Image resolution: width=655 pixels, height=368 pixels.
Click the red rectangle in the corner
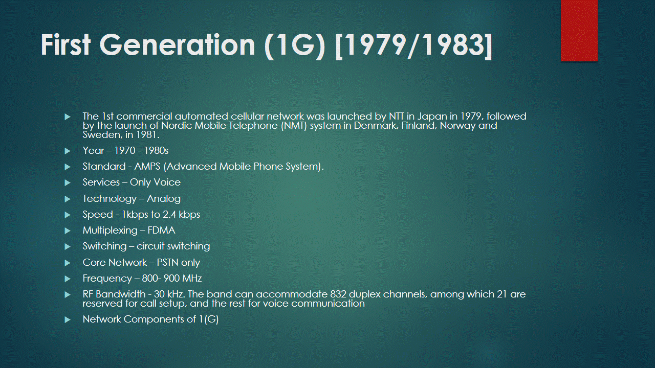pos(579,30)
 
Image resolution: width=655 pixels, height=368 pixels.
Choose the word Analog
pos(164,198)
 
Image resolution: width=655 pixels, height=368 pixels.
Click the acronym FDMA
pos(161,231)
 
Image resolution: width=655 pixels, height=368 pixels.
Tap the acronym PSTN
pos(168,263)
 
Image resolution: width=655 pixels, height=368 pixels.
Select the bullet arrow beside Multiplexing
pos(67,231)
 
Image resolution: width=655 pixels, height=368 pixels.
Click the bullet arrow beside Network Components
pos(67,319)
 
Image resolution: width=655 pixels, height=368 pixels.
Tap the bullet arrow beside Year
pos(67,151)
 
